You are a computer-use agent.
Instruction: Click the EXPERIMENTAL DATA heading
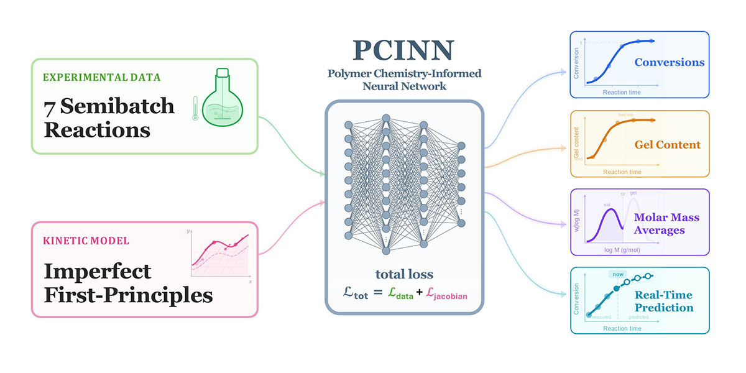[102, 78]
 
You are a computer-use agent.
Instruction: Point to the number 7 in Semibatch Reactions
[48, 107]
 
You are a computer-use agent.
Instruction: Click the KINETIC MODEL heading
[86, 241]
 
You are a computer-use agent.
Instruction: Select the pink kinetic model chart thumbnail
[221, 255]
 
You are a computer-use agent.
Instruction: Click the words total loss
[404, 274]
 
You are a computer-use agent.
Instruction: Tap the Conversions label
[669, 62]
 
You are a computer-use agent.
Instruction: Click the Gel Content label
[667, 145]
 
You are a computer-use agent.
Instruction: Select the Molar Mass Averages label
[666, 224]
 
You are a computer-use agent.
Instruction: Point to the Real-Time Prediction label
[663, 302]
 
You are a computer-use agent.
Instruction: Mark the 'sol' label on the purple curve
[607, 204]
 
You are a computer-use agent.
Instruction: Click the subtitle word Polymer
[349, 75]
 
